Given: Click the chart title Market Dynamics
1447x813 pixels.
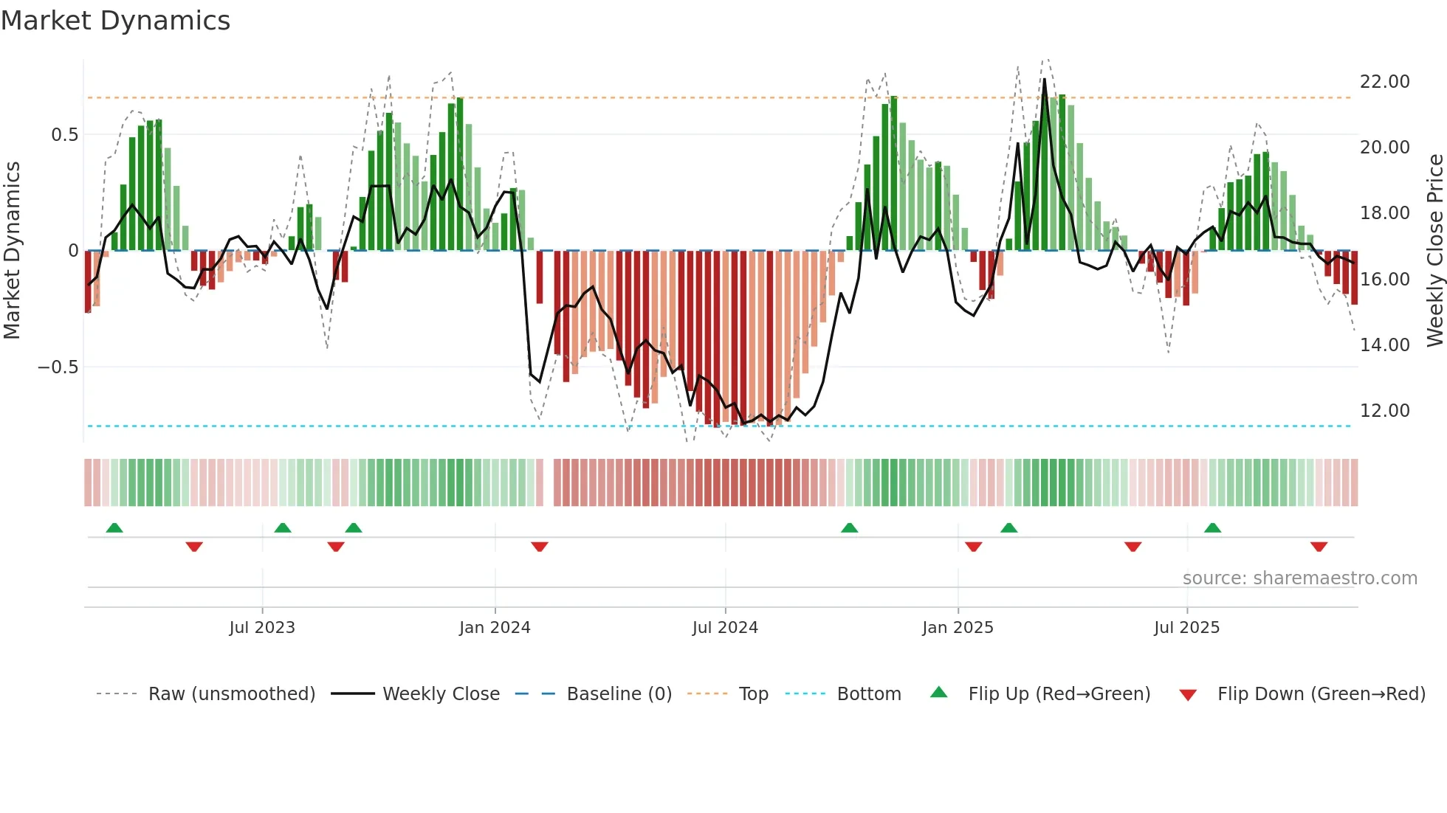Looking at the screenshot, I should point(115,21).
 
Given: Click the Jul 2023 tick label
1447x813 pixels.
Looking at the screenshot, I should point(262,628).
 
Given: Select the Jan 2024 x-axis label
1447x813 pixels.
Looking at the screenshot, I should point(495,628).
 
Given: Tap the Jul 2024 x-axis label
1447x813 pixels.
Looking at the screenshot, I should point(725,628).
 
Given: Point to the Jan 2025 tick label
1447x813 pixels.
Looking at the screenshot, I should point(958,628).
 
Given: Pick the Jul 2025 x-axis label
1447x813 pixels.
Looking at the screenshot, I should point(1187,628).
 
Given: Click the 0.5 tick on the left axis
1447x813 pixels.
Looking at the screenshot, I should point(64,135).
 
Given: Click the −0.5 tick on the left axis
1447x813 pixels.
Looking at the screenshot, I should point(58,367).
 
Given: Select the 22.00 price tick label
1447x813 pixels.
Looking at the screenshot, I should point(1385,82).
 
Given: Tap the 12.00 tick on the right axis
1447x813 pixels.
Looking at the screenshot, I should point(1385,411).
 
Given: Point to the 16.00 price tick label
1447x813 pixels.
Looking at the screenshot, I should point(1385,280).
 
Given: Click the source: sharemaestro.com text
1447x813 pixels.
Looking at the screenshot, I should point(1299,578).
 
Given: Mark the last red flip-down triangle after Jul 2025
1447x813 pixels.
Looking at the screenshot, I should point(1319,547).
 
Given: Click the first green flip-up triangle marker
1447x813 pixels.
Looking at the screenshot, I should point(114,527).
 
